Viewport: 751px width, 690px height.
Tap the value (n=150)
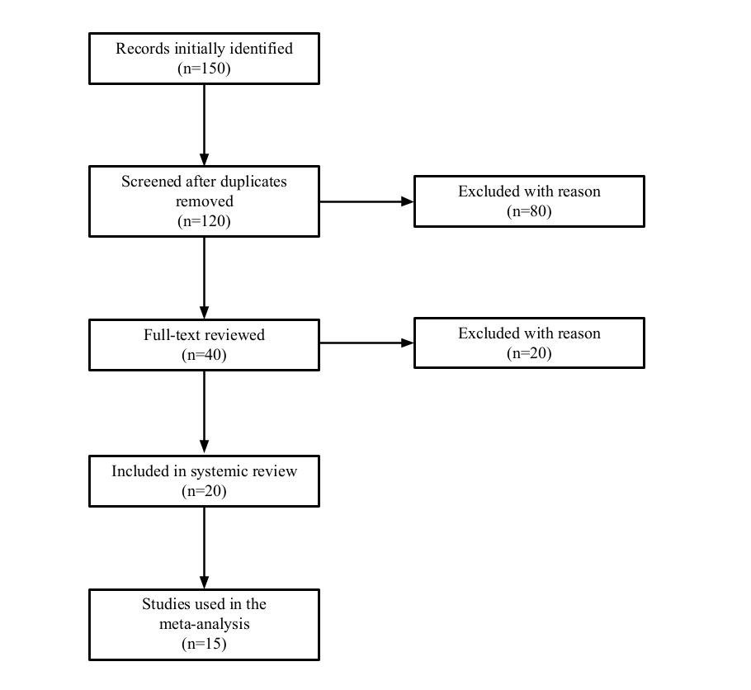pos(204,69)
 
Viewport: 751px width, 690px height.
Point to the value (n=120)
pos(204,221)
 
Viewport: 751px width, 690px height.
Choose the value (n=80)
pos(529,210)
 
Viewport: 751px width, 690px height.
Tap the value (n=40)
pos(204,355)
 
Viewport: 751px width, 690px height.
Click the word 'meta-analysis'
pos(204,624)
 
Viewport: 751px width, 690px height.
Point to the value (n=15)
pos(204,644)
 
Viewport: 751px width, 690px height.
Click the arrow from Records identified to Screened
pos(204,125)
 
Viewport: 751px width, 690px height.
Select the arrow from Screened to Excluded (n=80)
pos(366,201)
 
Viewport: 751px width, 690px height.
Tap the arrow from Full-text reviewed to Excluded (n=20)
pos(366,343)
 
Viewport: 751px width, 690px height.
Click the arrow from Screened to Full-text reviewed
pos(204,278)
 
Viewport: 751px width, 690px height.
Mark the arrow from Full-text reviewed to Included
pos(204,412)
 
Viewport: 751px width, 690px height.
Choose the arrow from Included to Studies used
pos(204,548)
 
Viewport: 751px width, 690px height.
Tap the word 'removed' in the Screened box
pos(204,201)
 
